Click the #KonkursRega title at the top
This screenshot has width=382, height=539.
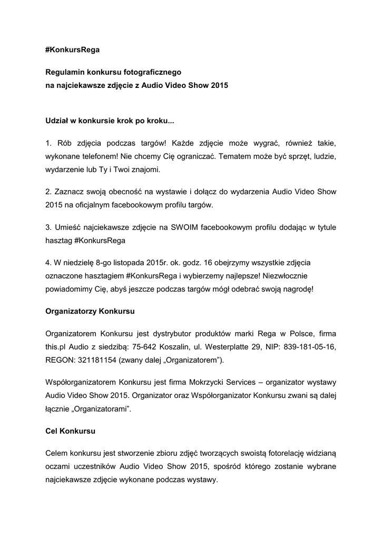(x=72, y=50)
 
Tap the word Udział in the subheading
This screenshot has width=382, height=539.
(x=57, y=121)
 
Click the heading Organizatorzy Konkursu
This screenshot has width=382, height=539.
(x=90, y=311)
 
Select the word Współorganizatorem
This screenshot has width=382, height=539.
(x=81, y=382)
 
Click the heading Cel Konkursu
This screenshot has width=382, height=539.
(x=70, y=431)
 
